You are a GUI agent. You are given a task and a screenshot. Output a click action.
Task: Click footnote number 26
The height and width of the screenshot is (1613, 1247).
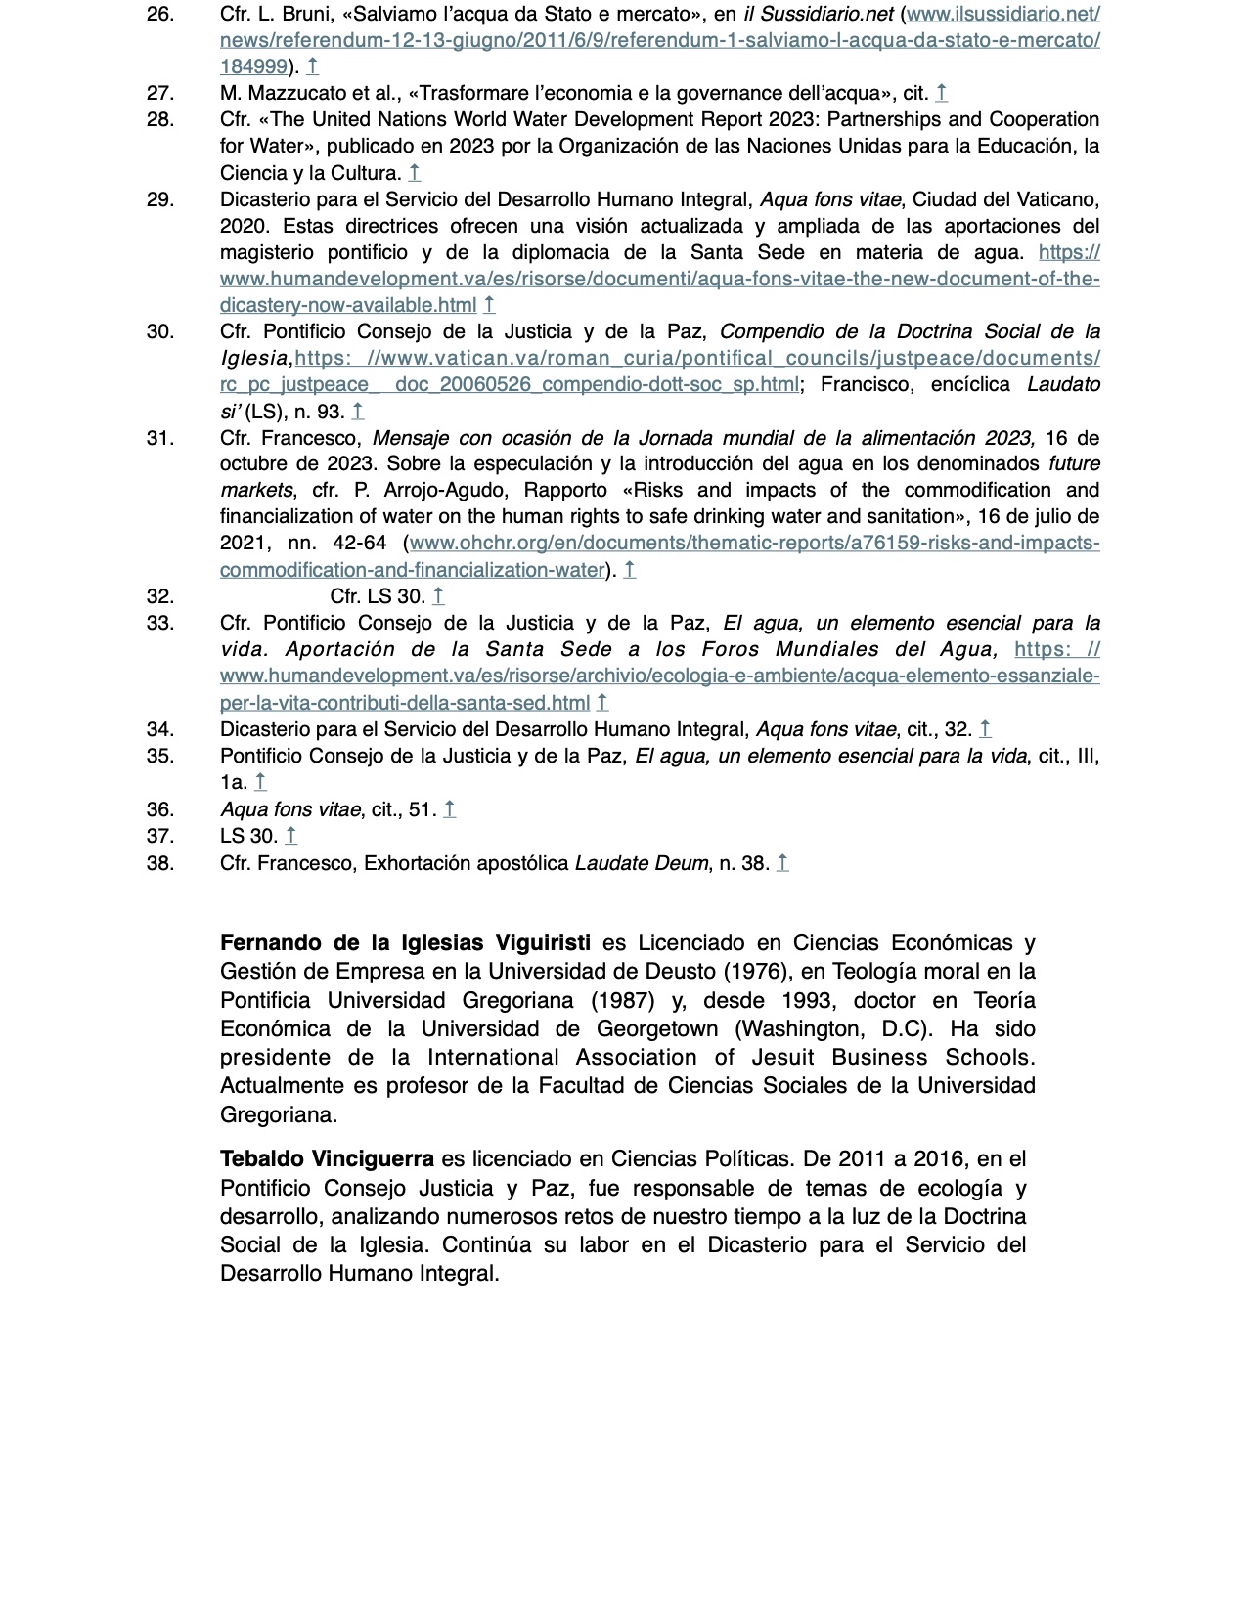click(x=160, y=15)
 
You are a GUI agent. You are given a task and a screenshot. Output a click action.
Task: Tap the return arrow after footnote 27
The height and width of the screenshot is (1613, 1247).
click(x=941, y=94)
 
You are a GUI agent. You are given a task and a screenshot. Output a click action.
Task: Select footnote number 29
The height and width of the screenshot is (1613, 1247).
click(x=160, y=199)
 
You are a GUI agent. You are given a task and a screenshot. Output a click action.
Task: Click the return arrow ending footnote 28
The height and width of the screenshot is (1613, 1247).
click(x=415, y=173)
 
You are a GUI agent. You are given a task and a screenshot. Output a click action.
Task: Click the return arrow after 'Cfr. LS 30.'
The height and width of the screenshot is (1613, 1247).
click(x=438, y=596)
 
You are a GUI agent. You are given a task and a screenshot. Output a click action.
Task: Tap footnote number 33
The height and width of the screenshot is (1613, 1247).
click(x=160, y=623)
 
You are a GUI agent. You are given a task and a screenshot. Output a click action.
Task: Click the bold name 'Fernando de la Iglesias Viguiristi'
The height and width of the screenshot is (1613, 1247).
click(x=405, y=943)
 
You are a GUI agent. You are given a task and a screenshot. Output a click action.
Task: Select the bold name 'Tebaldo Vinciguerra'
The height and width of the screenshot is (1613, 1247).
click(x=327, y=1159)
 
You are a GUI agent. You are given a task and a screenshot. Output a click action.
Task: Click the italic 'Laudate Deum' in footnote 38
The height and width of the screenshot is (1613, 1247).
click(x=641, y=863)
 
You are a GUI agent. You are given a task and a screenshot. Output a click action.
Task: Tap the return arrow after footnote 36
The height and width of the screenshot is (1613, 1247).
click(x=449, y=809)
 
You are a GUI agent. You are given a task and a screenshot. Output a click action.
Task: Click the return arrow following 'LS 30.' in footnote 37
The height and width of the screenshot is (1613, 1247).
click(x=290, y=836)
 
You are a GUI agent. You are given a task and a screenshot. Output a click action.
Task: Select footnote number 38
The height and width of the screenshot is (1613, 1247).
click(x=160, y=863)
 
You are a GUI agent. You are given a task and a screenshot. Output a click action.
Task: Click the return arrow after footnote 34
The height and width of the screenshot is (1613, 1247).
click(x=985, y=729)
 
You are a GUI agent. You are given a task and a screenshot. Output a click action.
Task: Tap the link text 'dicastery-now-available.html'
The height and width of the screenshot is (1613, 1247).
click(x=348, y=305)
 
